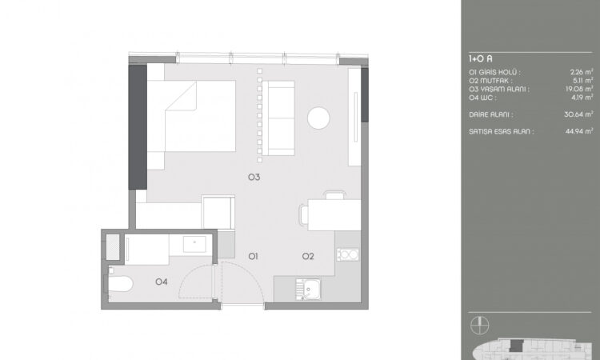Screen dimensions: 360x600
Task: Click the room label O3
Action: [255, 177]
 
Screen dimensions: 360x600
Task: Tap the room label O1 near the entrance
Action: [252, 256]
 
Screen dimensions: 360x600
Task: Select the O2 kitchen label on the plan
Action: [308, 256]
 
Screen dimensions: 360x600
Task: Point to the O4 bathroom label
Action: [162, 281]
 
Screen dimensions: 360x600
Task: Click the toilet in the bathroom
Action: [118, 284]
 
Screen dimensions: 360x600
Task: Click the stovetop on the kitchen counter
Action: [347, 254]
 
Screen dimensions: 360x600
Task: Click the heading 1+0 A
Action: [481, 58]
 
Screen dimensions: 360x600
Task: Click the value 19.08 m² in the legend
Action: [578, 89]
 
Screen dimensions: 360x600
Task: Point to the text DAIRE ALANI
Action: [490, 114]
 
